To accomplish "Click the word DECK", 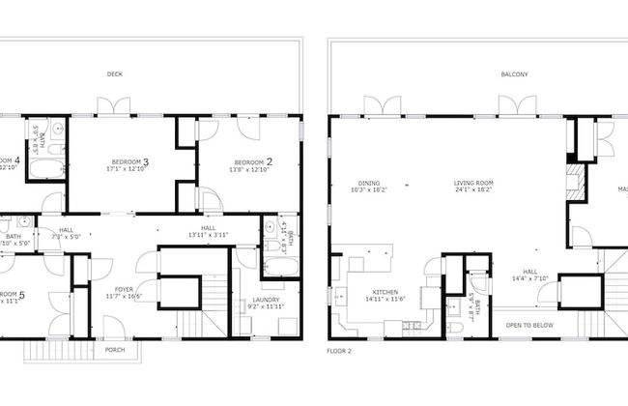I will [115, 73].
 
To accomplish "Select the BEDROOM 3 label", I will [128, 161].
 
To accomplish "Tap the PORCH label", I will [115, 350].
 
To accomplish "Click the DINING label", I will [367, 183].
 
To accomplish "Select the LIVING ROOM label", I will [474, 183].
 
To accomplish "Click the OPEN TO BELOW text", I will [529, 325].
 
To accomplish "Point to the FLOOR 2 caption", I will [339, 351].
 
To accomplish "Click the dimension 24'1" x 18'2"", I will [474, 191].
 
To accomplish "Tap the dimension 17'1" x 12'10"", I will [128, 169].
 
